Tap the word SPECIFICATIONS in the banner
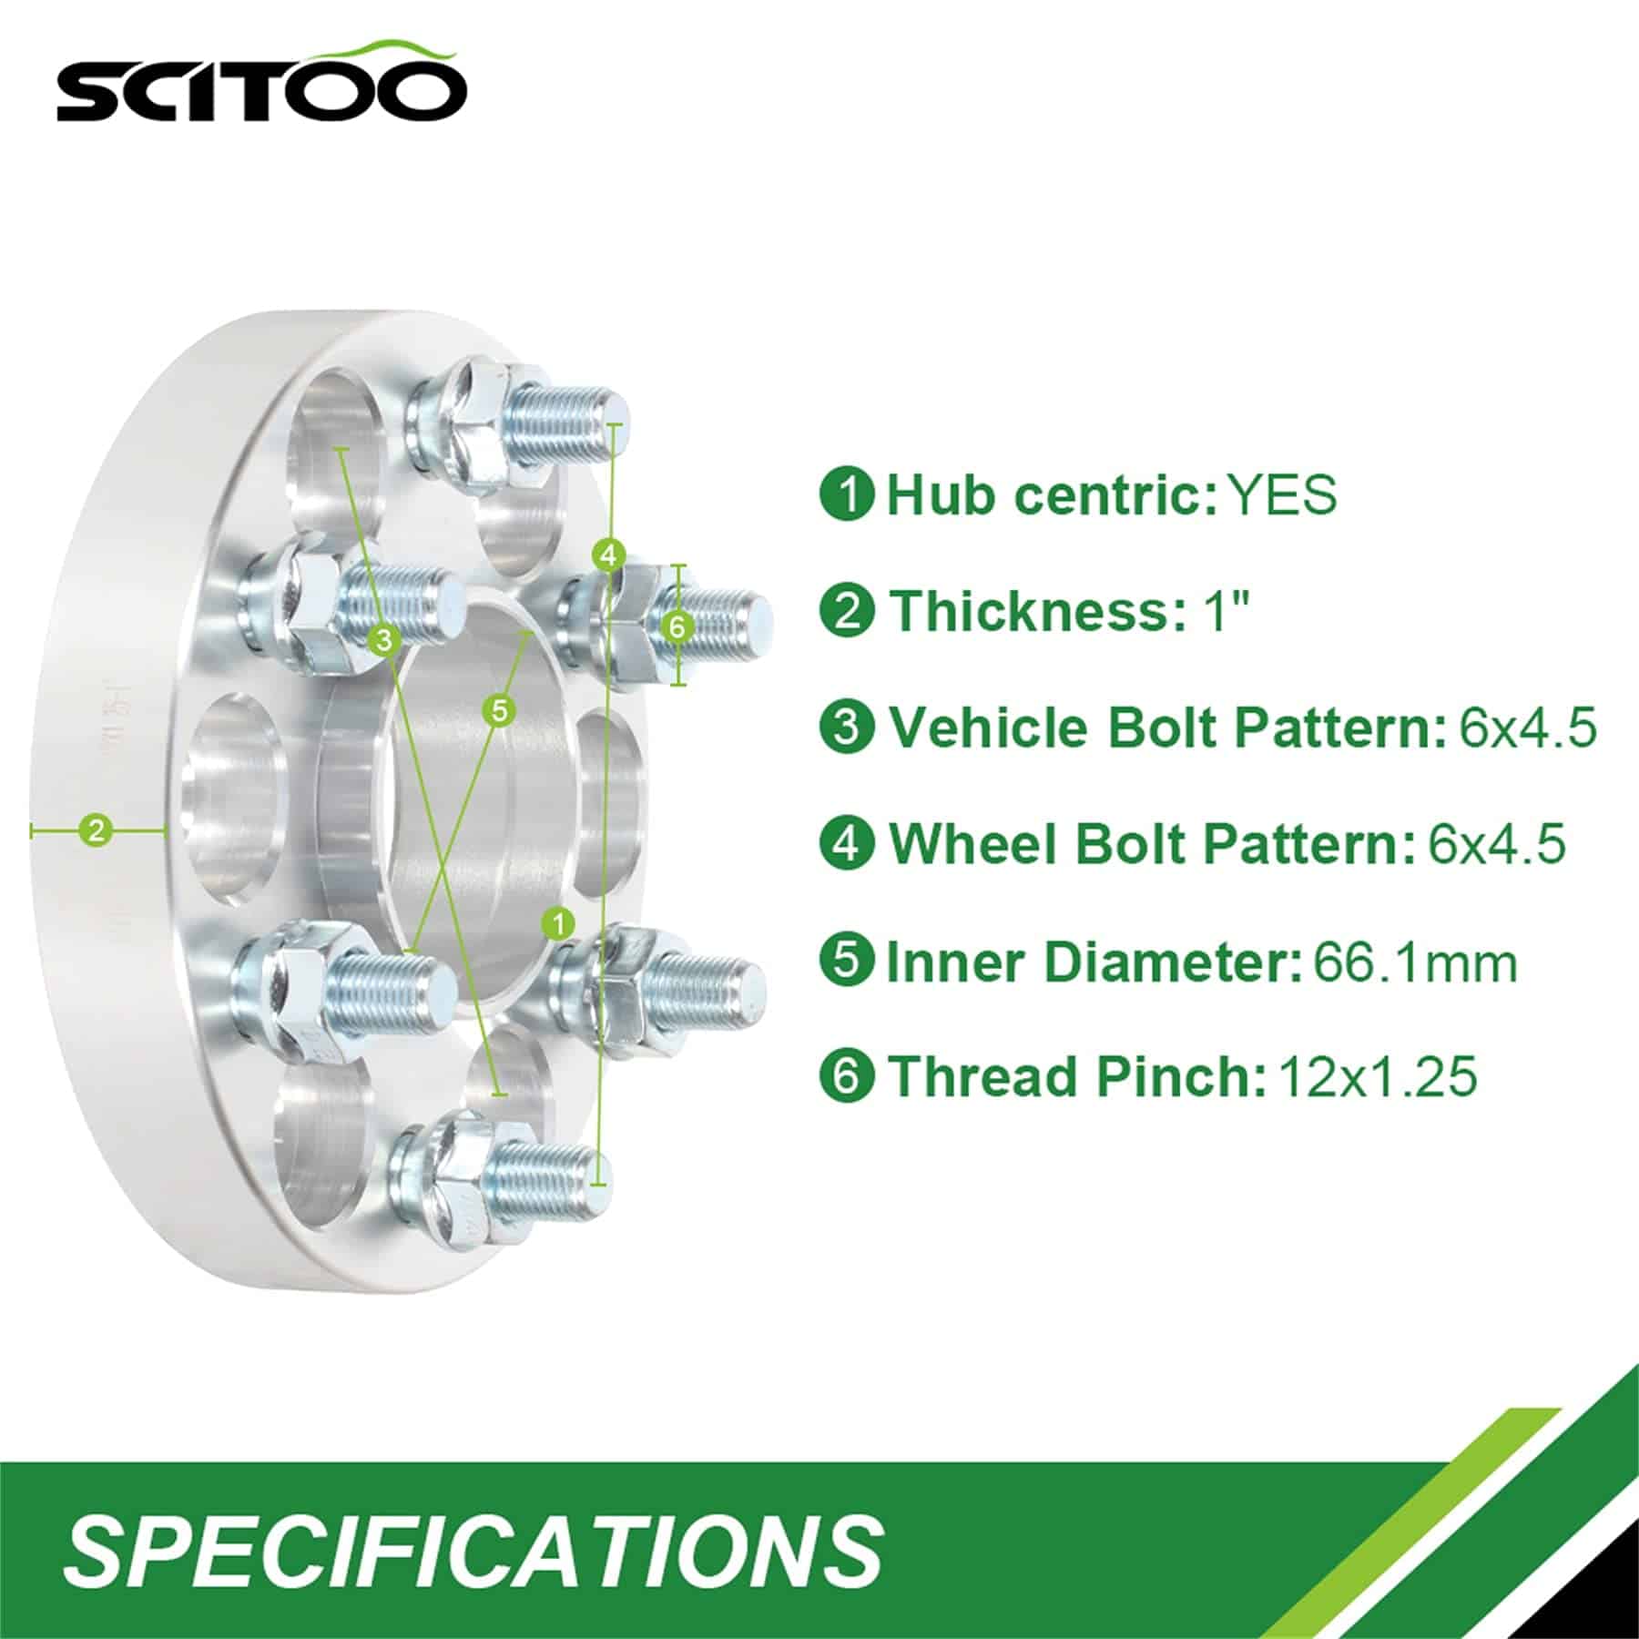point(473,1547)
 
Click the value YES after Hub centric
point(1282,494)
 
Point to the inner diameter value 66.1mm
point(1415,962)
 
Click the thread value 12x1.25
point(1378,1076)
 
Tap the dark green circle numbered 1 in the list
point(847,494)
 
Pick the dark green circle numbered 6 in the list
point(847,1076)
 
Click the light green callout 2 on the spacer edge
point(97,830)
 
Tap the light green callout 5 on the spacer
point(499,709)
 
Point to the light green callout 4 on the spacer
point(609,553)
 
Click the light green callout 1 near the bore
point(557,924)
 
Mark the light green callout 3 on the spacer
point(385,639)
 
